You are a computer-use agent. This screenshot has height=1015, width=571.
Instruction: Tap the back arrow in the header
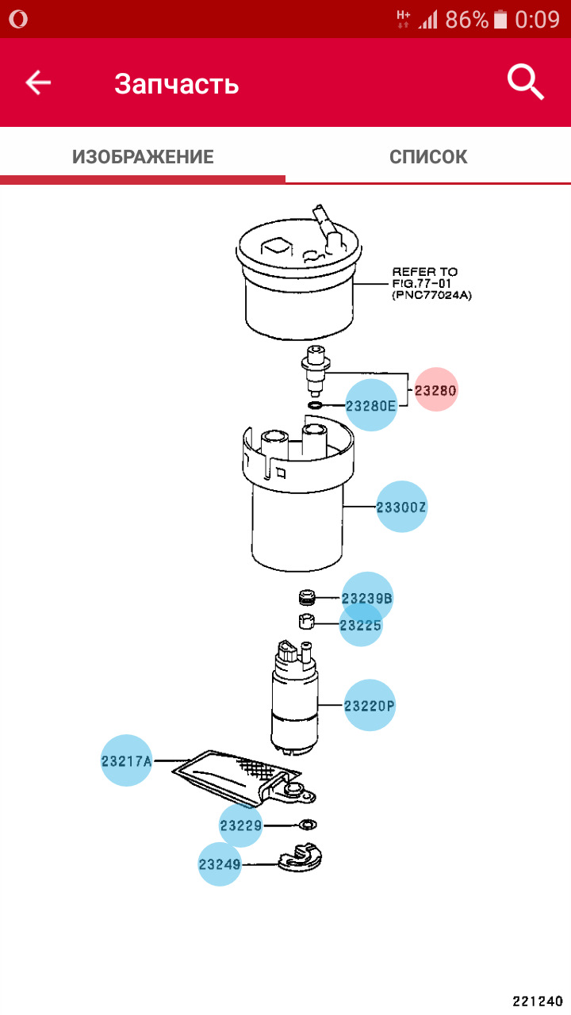38,82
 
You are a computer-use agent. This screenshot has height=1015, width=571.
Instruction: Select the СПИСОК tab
428,157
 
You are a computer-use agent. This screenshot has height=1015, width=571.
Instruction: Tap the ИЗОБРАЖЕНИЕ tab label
143,157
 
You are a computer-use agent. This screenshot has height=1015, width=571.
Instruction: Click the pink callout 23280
437,390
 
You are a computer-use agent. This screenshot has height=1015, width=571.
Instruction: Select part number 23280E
371,407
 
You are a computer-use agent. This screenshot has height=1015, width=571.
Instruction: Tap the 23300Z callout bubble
402,507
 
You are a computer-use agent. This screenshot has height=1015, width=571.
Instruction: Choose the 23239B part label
367,598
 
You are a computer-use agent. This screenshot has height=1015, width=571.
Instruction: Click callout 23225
361,626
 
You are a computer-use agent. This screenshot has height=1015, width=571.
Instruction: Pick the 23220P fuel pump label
370,704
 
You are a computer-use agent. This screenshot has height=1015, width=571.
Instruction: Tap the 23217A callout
126,761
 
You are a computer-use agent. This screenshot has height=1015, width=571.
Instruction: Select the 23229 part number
241,825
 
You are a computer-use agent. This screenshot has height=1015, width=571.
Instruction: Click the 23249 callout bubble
220,864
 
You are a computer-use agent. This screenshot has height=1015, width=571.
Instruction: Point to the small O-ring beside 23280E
315,407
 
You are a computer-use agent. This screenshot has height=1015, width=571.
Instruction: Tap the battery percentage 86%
466,19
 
